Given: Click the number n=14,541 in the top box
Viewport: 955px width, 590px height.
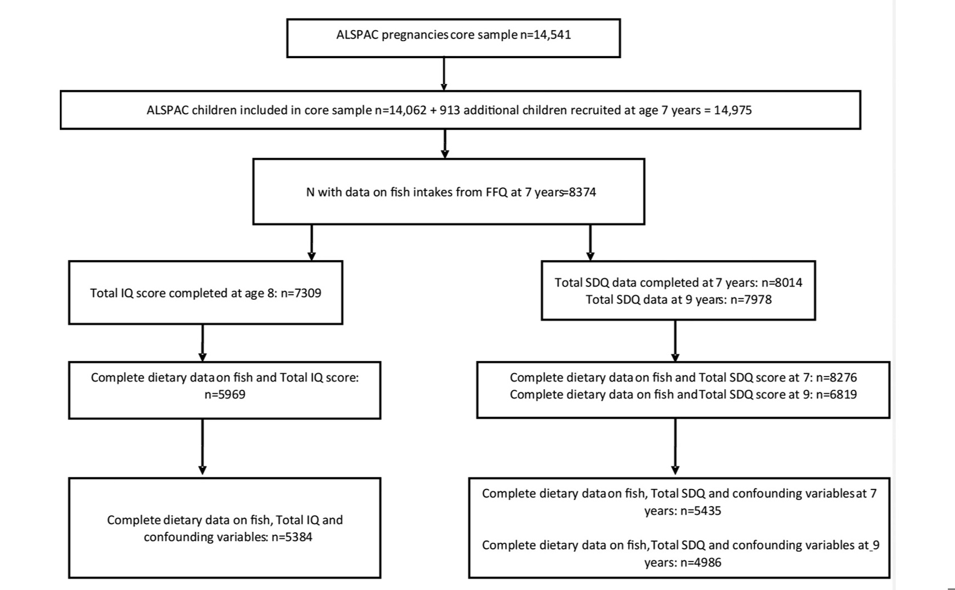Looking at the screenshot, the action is click(545, 35).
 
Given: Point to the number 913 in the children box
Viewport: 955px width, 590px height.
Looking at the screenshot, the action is click(450, 110).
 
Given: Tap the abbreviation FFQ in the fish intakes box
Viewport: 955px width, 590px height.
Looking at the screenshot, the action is click(496, 192).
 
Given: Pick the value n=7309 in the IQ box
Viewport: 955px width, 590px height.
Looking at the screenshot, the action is click(301, 293).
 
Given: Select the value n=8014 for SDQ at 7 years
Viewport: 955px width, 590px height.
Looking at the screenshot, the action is click(782, 282).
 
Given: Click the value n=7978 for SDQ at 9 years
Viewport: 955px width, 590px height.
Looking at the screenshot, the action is click(751, 300).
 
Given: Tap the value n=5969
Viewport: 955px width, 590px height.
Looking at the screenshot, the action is click(225, 394).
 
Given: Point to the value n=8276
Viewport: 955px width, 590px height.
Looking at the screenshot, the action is click(836, 378).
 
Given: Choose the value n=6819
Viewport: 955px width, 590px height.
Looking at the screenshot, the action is click(836, 394).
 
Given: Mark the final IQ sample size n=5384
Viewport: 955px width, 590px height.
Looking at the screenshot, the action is click(292, 537).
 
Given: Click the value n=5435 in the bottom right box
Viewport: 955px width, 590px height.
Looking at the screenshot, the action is click(701, 511).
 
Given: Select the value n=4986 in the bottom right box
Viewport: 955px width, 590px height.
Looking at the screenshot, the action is click(701, 563).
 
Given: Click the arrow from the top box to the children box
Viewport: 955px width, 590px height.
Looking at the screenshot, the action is click(444, 74).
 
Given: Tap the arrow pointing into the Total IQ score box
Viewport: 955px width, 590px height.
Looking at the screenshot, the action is click(311, 243).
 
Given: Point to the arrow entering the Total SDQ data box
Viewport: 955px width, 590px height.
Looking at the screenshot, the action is click(590, 243).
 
